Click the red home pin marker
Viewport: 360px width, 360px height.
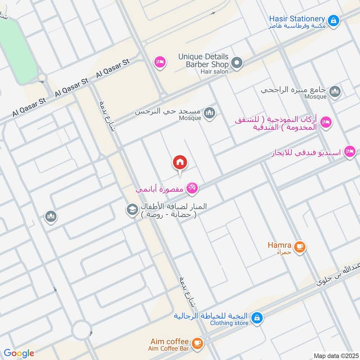[180, 163]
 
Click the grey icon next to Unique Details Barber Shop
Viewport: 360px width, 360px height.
[237, 63]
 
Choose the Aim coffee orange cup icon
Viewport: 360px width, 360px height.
[197, 343]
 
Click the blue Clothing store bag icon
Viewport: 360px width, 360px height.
[256, 318]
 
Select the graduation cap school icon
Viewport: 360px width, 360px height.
[132, 209]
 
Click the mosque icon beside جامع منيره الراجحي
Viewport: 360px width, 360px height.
[335, 92]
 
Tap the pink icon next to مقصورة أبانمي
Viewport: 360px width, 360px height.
[192, 189]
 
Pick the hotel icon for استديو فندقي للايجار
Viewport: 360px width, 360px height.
[349, 152]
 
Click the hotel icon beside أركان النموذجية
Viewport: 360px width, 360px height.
[326, 122]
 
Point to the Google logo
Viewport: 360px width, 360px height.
[19, 353]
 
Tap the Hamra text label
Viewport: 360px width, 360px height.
[279, 245]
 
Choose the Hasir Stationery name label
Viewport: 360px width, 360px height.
[297, 19]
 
